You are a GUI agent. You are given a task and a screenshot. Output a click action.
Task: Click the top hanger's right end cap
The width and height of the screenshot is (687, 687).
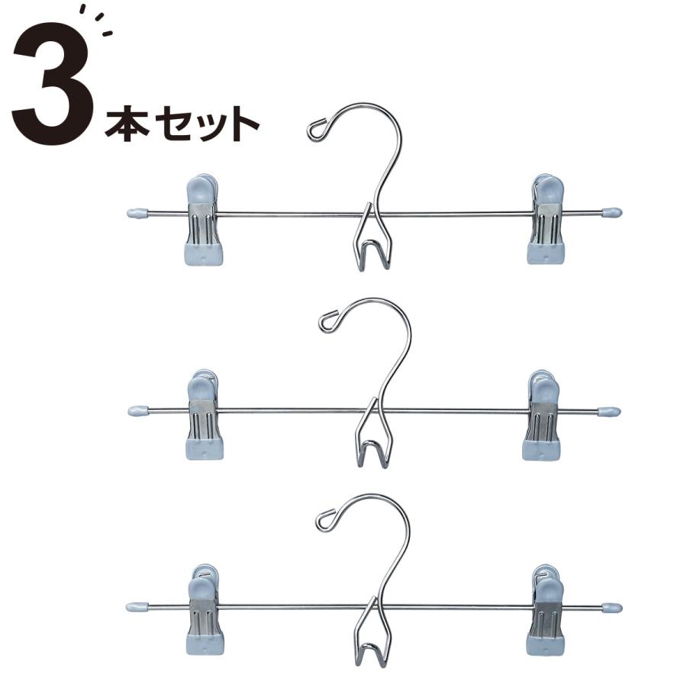[611, 212]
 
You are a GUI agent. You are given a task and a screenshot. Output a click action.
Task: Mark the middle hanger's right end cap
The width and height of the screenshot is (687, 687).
[610, 412]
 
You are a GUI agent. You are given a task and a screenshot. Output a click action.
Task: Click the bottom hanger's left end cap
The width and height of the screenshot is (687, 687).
[136, 608]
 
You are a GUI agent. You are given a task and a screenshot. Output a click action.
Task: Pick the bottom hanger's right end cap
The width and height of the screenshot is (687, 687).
[611, 608]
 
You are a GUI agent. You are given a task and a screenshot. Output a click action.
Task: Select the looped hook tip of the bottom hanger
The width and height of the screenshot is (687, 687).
[325, 520]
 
